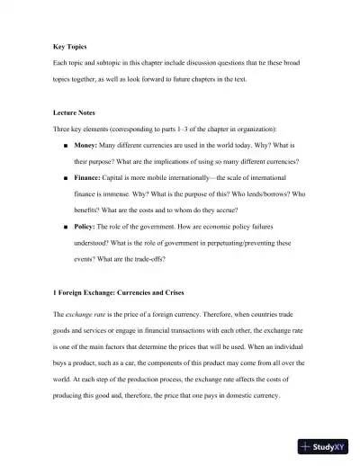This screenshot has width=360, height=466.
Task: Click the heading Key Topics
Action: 69,45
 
